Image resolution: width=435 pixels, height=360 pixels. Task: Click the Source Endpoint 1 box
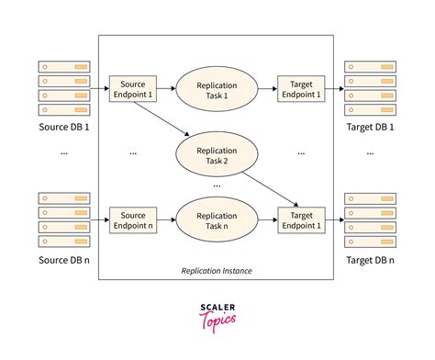tap(130, 86)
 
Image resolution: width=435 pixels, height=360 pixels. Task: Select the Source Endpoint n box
tap(130, 219)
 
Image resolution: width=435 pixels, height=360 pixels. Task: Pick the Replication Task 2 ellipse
tap(217, 152)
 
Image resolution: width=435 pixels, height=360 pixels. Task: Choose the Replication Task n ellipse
tap(217, 219)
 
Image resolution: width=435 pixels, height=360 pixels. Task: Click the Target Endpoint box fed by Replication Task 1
tap(300, 86)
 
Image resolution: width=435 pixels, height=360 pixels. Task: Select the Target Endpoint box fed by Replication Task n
tap(300, 219)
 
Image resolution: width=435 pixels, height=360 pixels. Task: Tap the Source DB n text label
tap(64, 260)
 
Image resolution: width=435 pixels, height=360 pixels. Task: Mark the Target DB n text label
tap(371, 260)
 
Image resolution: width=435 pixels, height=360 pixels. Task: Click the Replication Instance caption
tap(217, 272)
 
